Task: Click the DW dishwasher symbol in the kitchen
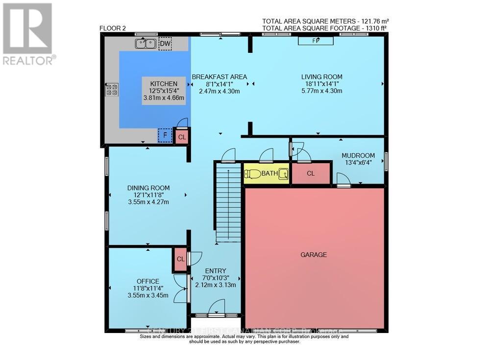(166, 45)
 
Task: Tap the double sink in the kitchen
(146, 45)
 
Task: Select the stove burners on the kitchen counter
(112, 89)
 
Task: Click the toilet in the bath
(253, 173)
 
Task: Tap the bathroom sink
(283, 173)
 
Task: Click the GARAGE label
(314, 255)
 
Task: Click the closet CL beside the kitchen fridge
(182, 137)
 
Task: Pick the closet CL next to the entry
(180, 260)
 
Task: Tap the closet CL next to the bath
(311, 173)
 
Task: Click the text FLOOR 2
(113, 28)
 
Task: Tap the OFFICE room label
(147, 281)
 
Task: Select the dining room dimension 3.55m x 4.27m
(148, 202)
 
